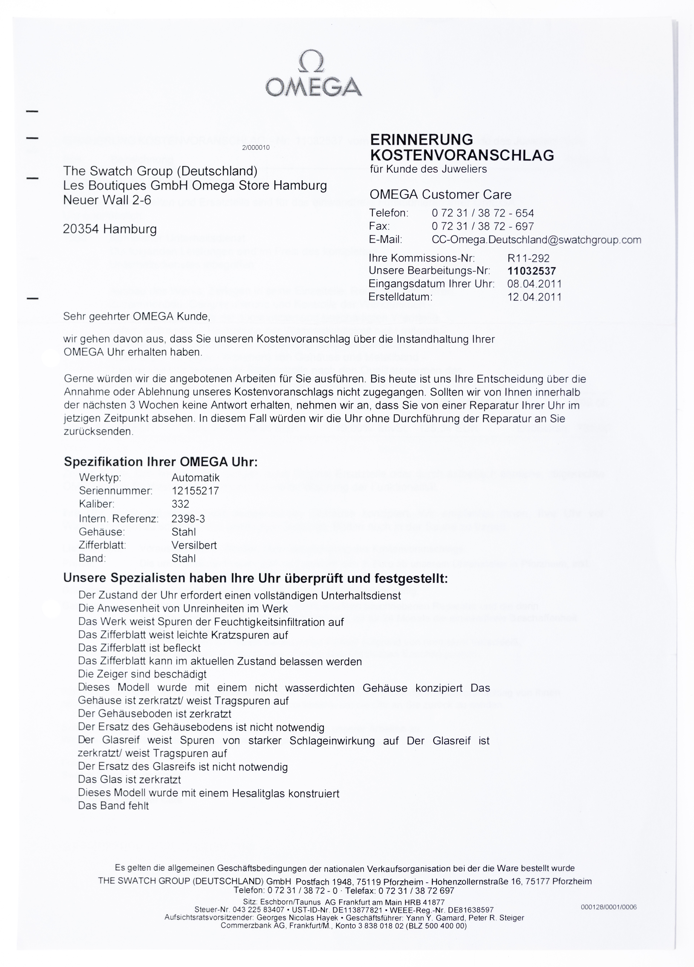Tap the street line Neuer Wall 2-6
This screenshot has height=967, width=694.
click(x=107, y=200)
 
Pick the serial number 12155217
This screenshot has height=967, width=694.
click(x=195, y=491)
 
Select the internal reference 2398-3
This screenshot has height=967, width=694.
click(x=188, y=518)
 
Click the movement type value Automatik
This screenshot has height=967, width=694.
click(x=195, y=478)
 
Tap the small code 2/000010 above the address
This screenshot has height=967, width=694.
click(x=256, y=148)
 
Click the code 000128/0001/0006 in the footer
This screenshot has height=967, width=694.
click(x=608, y=907)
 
